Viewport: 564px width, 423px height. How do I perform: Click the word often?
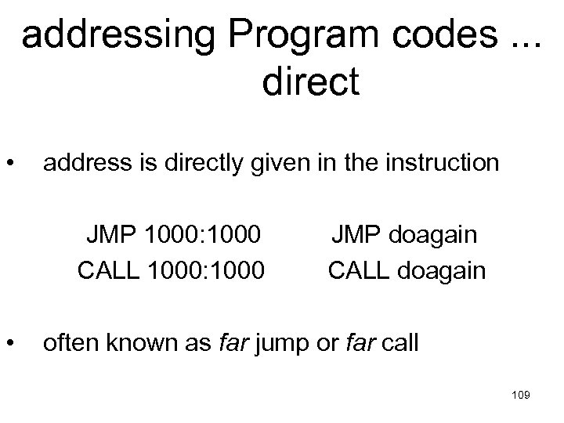click(69, 342)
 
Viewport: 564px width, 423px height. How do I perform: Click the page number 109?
click(519, 396)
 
